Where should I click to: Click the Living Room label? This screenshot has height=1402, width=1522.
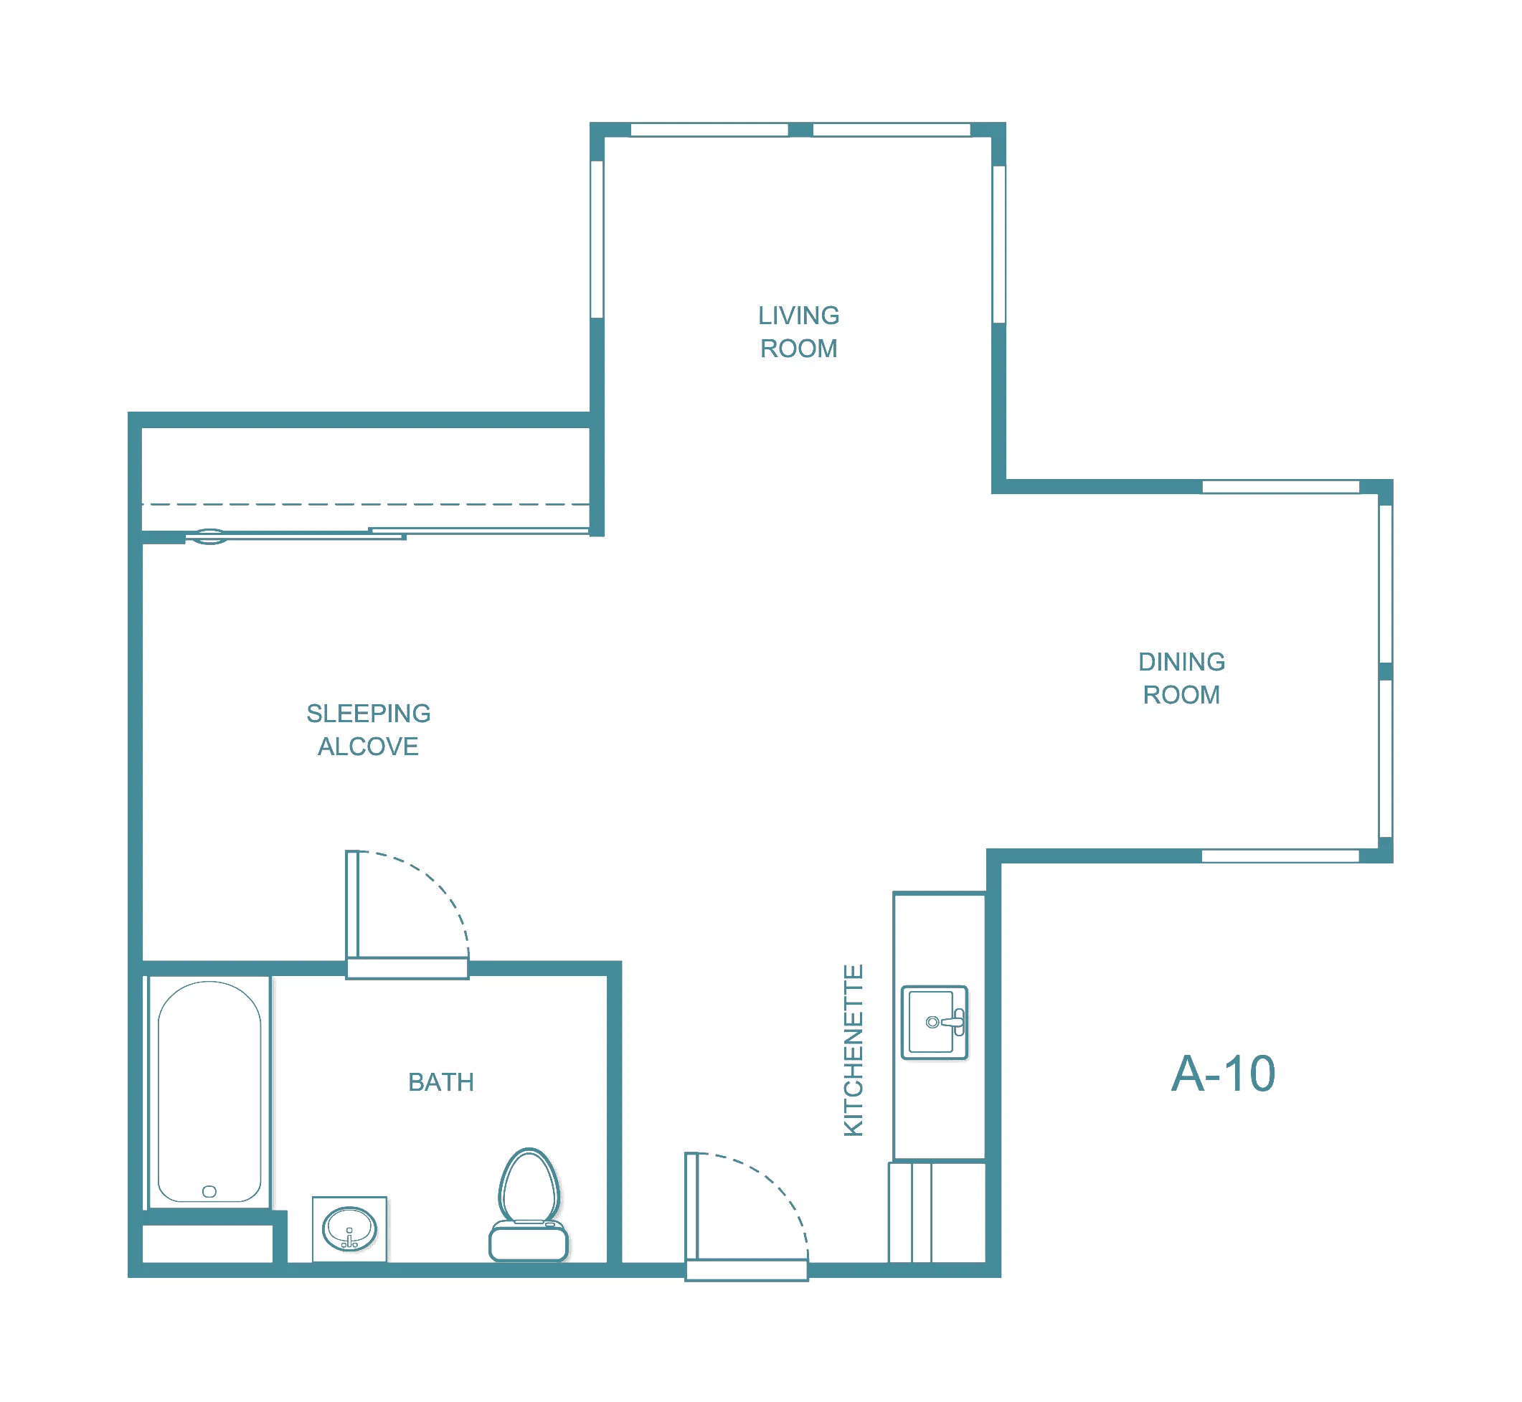pyautogui.click(x=799, y=331)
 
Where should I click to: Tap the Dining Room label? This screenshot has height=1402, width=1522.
pyautogui.click(x=1181, y=678)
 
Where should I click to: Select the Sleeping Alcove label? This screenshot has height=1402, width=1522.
pyautogui.click(x=368, y=730)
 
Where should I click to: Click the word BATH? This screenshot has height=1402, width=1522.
pyautogui.click(x=441, y=1082)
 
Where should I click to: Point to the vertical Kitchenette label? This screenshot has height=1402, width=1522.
pyautogui.click(x=854, y=1051)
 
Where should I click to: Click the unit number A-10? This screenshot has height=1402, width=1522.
pyautogui.click(x=1223, y=1074)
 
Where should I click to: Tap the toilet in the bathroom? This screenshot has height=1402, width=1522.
pyautogui.click(x=529, y=1205)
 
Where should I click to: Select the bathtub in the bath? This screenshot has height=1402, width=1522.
pyautogui.click(x=209, y=1091)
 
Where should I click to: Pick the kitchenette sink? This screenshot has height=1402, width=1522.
pyautogui.click(x=934, y=1022)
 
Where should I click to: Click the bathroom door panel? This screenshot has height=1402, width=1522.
pyautogui.click(x=352, y=904)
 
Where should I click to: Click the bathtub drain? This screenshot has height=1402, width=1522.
pyautogui.click(x=209, y=1191)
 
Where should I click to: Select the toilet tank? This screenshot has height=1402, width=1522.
pyautogui.click(x=529, y=1242)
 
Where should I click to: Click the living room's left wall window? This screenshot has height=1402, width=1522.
pyautogui.click(x=597, y=239)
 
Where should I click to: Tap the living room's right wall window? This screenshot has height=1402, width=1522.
pyautogui.click(x=999, y=245)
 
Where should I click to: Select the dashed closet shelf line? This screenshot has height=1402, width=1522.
pyautogui.click(x=366, y=503)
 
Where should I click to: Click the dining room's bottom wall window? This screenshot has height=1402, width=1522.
pyautogui.click(x=1280, y=856)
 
